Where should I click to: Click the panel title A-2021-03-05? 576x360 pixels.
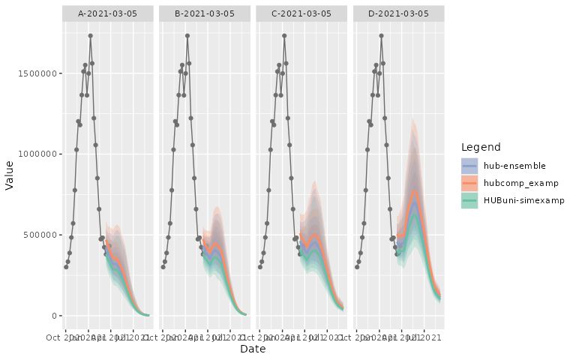(108, 13)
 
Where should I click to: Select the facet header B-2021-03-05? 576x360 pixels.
(205, 13)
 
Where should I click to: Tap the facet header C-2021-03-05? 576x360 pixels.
(302, 13)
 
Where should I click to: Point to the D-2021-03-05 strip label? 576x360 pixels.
(399, 13)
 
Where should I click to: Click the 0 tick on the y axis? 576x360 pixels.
(54, 316)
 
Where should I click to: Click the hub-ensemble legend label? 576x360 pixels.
(514, 165)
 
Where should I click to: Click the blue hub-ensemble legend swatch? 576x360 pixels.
(470, 165)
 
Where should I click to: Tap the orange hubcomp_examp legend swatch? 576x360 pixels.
(470, 183)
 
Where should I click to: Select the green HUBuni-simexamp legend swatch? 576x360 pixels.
(470, 201)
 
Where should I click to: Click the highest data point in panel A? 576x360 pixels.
(90, 35)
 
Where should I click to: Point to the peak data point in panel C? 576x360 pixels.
(284, 35)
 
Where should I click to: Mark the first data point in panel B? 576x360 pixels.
(163, 267)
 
